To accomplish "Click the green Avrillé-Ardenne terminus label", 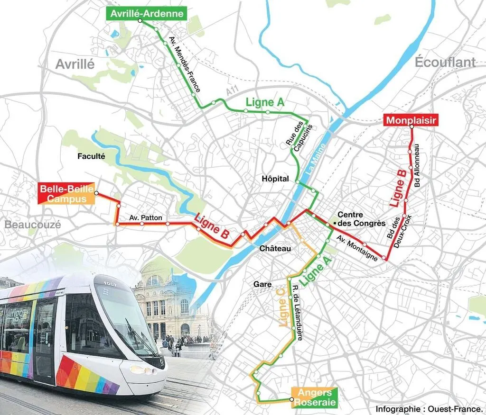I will click(x=147, y=14).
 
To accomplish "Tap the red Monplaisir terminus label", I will click(x=411, y=120).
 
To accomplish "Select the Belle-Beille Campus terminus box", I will click(x=66, y=193).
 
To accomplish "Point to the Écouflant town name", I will click(x=445, y=62).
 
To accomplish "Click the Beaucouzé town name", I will click(x=33, y=225).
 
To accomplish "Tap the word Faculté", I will click(x=91, y=155).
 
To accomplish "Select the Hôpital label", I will click(x=275, y=179).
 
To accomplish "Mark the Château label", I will click(x=275, y=248).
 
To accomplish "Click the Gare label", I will click(x=262, y=284).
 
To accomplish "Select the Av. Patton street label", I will click(x=146, y=218).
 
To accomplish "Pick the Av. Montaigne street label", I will click(x=357, y=248).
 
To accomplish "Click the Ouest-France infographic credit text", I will click(x=429, y=408).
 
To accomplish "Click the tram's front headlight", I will click(x=140, y=370).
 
